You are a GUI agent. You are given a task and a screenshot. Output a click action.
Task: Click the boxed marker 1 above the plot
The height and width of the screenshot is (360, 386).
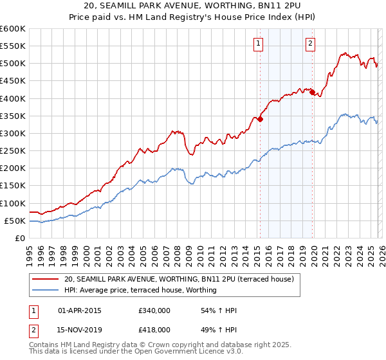tap(258, 44)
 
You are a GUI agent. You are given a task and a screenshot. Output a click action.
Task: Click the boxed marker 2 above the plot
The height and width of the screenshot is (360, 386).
tap(310, 44)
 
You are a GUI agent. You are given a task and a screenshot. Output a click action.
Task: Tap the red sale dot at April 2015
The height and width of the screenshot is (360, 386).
tap(260, 119)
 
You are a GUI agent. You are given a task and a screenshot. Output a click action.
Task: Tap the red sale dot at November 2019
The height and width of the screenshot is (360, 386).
tap(313, 92)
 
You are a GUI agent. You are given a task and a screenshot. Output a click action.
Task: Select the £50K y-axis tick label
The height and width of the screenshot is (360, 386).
tap(15, 221)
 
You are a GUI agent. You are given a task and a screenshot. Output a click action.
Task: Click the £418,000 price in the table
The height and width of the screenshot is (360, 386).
tap(154, 329)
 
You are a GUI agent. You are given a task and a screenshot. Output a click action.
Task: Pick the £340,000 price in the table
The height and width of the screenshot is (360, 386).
tap(154, 310)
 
